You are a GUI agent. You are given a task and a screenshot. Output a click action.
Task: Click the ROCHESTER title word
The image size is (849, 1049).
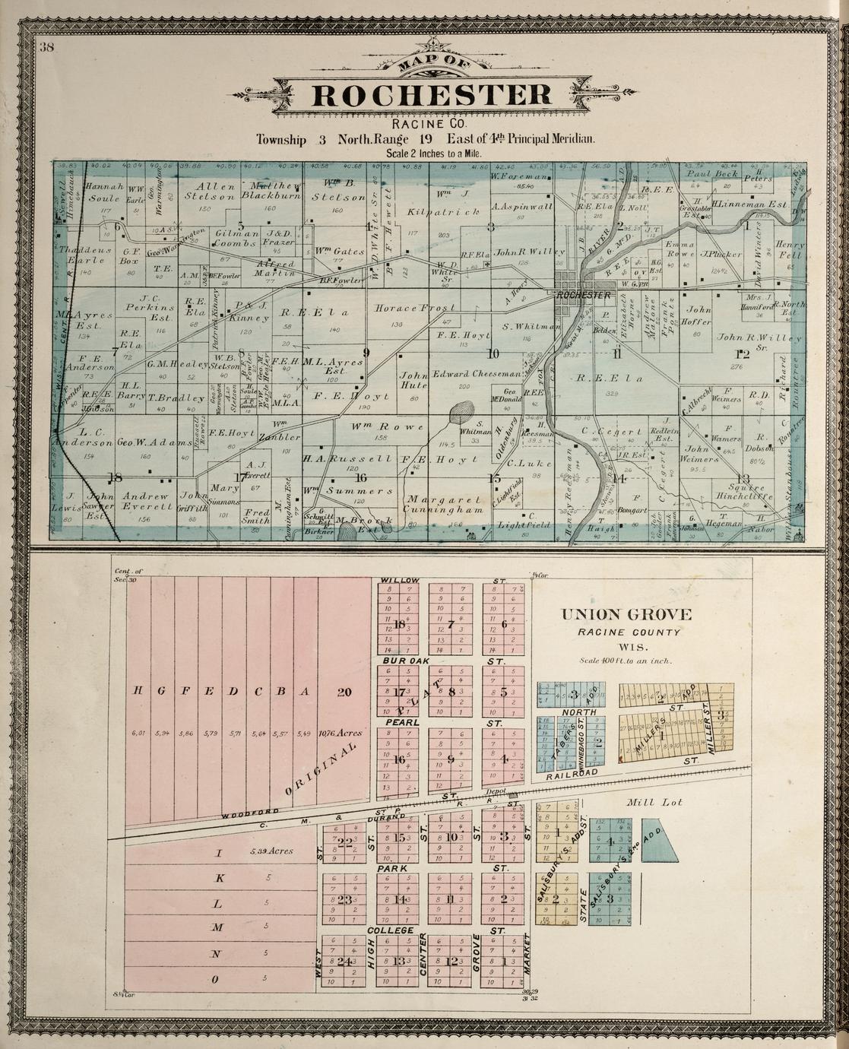point(432,96)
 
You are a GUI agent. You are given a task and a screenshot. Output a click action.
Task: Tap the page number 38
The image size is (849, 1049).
point(46,47)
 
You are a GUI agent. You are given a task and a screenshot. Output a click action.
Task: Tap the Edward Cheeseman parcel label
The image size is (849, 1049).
point(477,374)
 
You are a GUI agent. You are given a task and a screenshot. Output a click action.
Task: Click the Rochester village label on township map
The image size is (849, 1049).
point(583,295)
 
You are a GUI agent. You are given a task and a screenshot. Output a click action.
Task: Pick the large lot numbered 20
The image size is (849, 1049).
point(344,691)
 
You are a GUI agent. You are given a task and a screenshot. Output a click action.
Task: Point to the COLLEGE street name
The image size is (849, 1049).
point(391,930)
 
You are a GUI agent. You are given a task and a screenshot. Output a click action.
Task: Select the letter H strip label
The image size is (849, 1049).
point(138,691)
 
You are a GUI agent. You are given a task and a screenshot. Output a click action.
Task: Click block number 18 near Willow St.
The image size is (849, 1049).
point(399,625)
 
